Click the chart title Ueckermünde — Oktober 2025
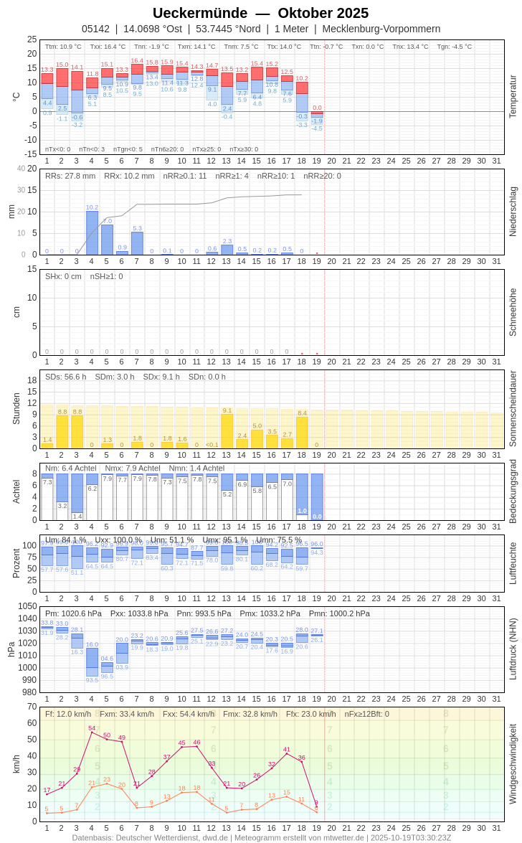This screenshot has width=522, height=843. pyautogui.click(x=260, y=13)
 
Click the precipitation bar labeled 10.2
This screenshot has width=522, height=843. pyautogui.click(x=92, y=233)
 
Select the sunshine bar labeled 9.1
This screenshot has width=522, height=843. pyautogui.click(x=227, y=431)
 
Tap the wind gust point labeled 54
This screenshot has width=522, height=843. pyautogui.click(x=92, y=733)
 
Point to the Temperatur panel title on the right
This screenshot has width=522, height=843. pyautogui.click(x=513, y=96)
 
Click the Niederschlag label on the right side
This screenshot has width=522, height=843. pyautogui.click(x=513, y=212)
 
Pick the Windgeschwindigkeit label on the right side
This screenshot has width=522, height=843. pyautogui.click(x=513, y=763)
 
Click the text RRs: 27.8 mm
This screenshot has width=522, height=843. pyautogui.click(x=70, y=176)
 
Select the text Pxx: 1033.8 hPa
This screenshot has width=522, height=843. pyautogui.click(x=139, y=613)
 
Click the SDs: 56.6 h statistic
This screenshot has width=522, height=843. pyautogui.click(x=66, y=377)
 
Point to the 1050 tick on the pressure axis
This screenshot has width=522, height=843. pyautogui.click(x=27, y=606)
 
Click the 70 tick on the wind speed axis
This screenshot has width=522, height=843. pyautogui.click(x=32, y=707)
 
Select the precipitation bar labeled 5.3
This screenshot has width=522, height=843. pyautogui.click(x=137, y=243)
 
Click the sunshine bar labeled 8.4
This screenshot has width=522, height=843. pyautogui.click(x=302, y=433)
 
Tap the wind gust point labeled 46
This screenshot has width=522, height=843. pyautogui.click(x=196, y=746)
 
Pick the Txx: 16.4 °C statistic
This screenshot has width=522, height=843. pyautogui.click(x=108, y=47)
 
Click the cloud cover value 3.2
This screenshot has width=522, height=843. pyautogui.click(x=62, y=506)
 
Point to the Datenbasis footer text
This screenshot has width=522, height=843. pyautogui.click(x=261, y=837)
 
